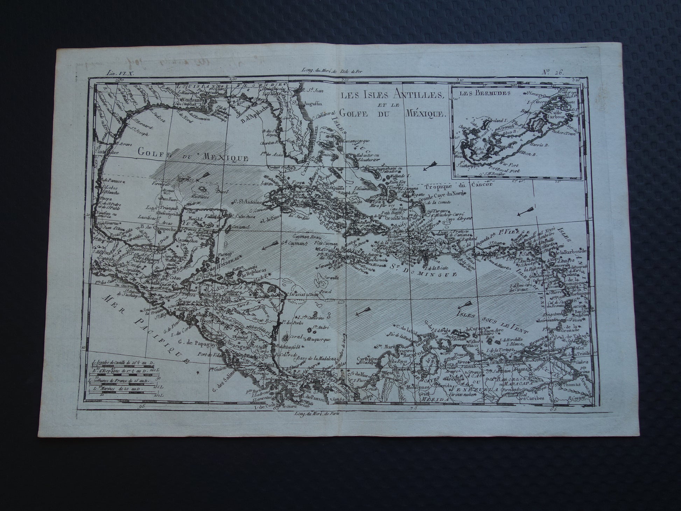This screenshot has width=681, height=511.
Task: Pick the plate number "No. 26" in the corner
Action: pos(553,72)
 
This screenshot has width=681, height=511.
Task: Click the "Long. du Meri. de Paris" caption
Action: pos(316,412)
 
